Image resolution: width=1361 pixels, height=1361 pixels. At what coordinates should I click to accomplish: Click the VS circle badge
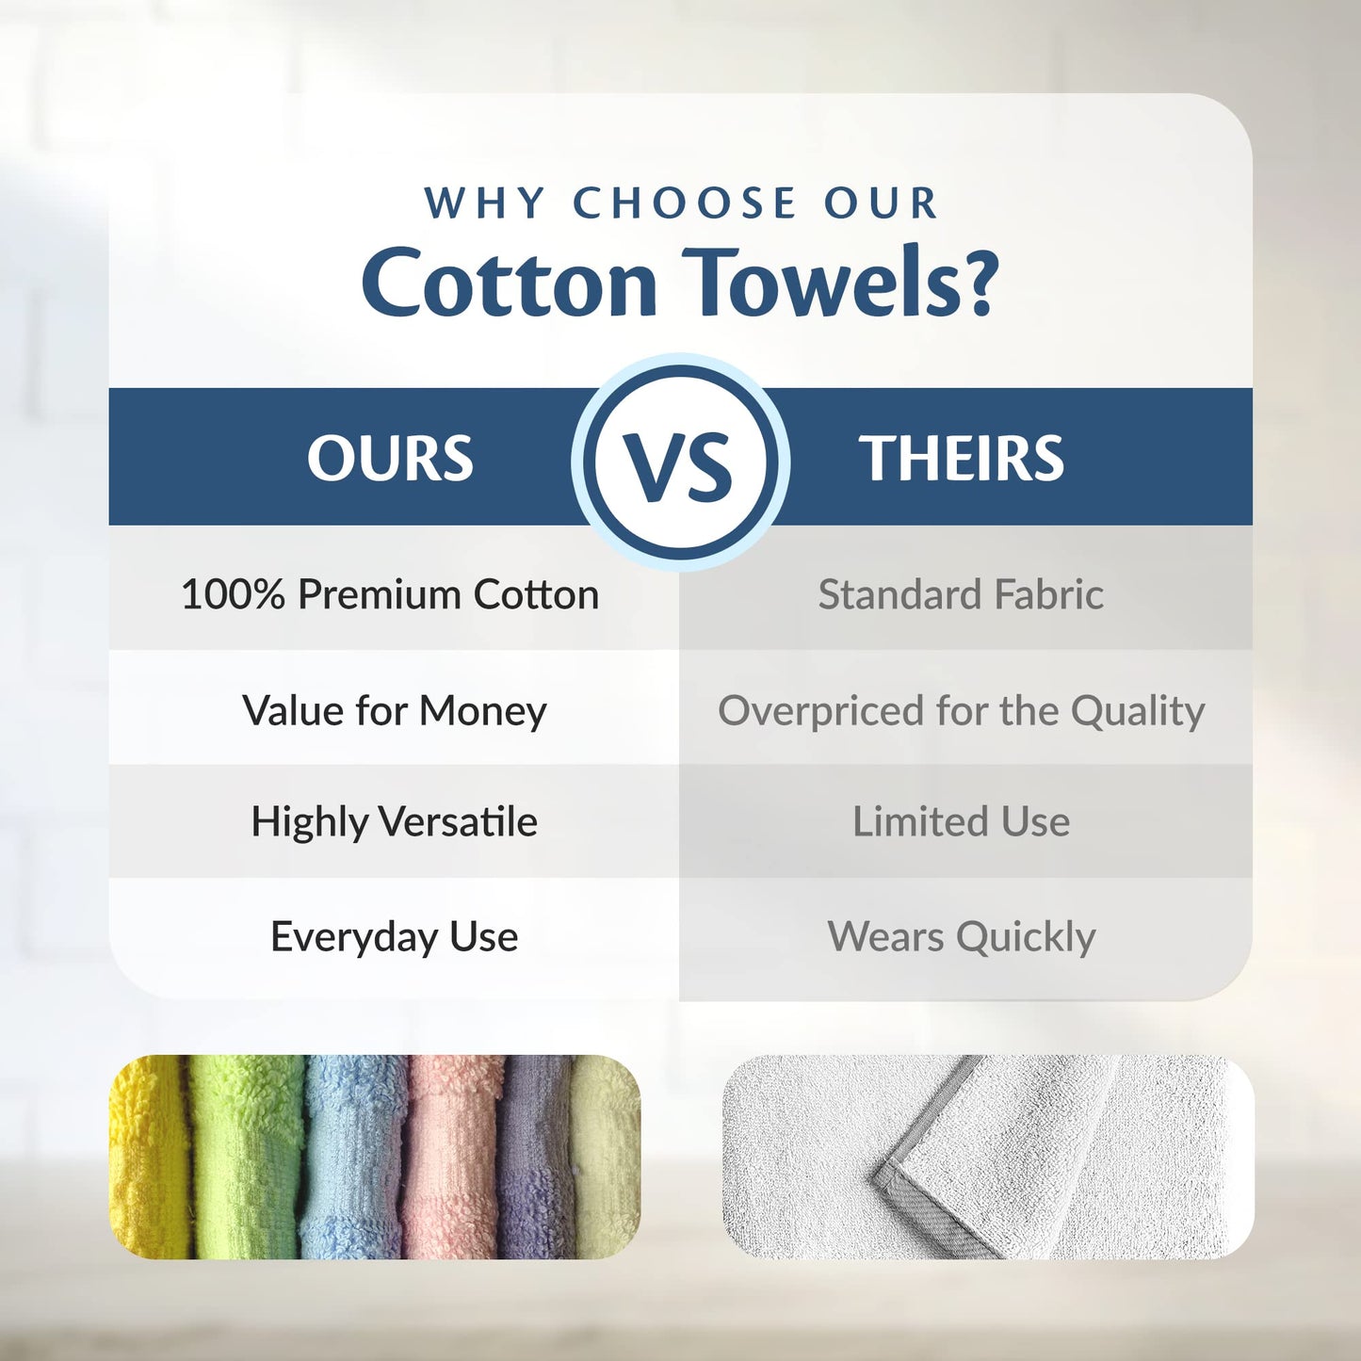680,462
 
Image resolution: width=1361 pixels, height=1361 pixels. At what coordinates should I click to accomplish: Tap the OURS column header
390,459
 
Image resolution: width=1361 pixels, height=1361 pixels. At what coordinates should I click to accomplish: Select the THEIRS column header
961,459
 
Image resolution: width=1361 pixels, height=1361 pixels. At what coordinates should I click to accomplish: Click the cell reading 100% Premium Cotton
390,594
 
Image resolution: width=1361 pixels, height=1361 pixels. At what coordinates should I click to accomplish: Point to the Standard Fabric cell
961,594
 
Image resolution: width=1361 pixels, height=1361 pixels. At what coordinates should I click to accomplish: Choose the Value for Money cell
394,710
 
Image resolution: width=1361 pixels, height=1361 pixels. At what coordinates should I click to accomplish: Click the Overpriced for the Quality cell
961,710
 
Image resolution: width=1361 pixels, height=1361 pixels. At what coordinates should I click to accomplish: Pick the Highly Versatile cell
394,821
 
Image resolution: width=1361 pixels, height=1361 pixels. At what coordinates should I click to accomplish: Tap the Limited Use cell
961,821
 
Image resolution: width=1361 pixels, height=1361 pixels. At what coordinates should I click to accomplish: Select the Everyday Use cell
394,936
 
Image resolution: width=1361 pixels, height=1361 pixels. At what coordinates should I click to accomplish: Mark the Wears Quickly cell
961,936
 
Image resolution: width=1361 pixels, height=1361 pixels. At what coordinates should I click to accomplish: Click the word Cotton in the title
510,283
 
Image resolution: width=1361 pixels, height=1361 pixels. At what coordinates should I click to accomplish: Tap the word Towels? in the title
839,283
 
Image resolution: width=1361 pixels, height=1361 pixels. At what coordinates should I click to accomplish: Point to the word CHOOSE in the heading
685,203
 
